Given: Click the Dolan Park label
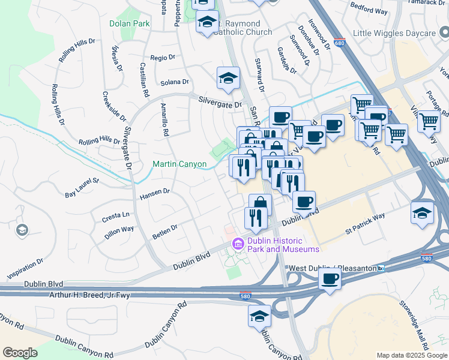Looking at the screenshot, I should coord(129,24).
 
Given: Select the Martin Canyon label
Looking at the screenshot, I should coord(179,164).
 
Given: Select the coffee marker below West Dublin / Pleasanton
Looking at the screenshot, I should coord(330,279).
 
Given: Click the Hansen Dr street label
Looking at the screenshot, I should coord(155,193).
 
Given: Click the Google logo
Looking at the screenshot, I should coord(20,353).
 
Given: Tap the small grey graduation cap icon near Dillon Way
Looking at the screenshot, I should coord(22,230).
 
